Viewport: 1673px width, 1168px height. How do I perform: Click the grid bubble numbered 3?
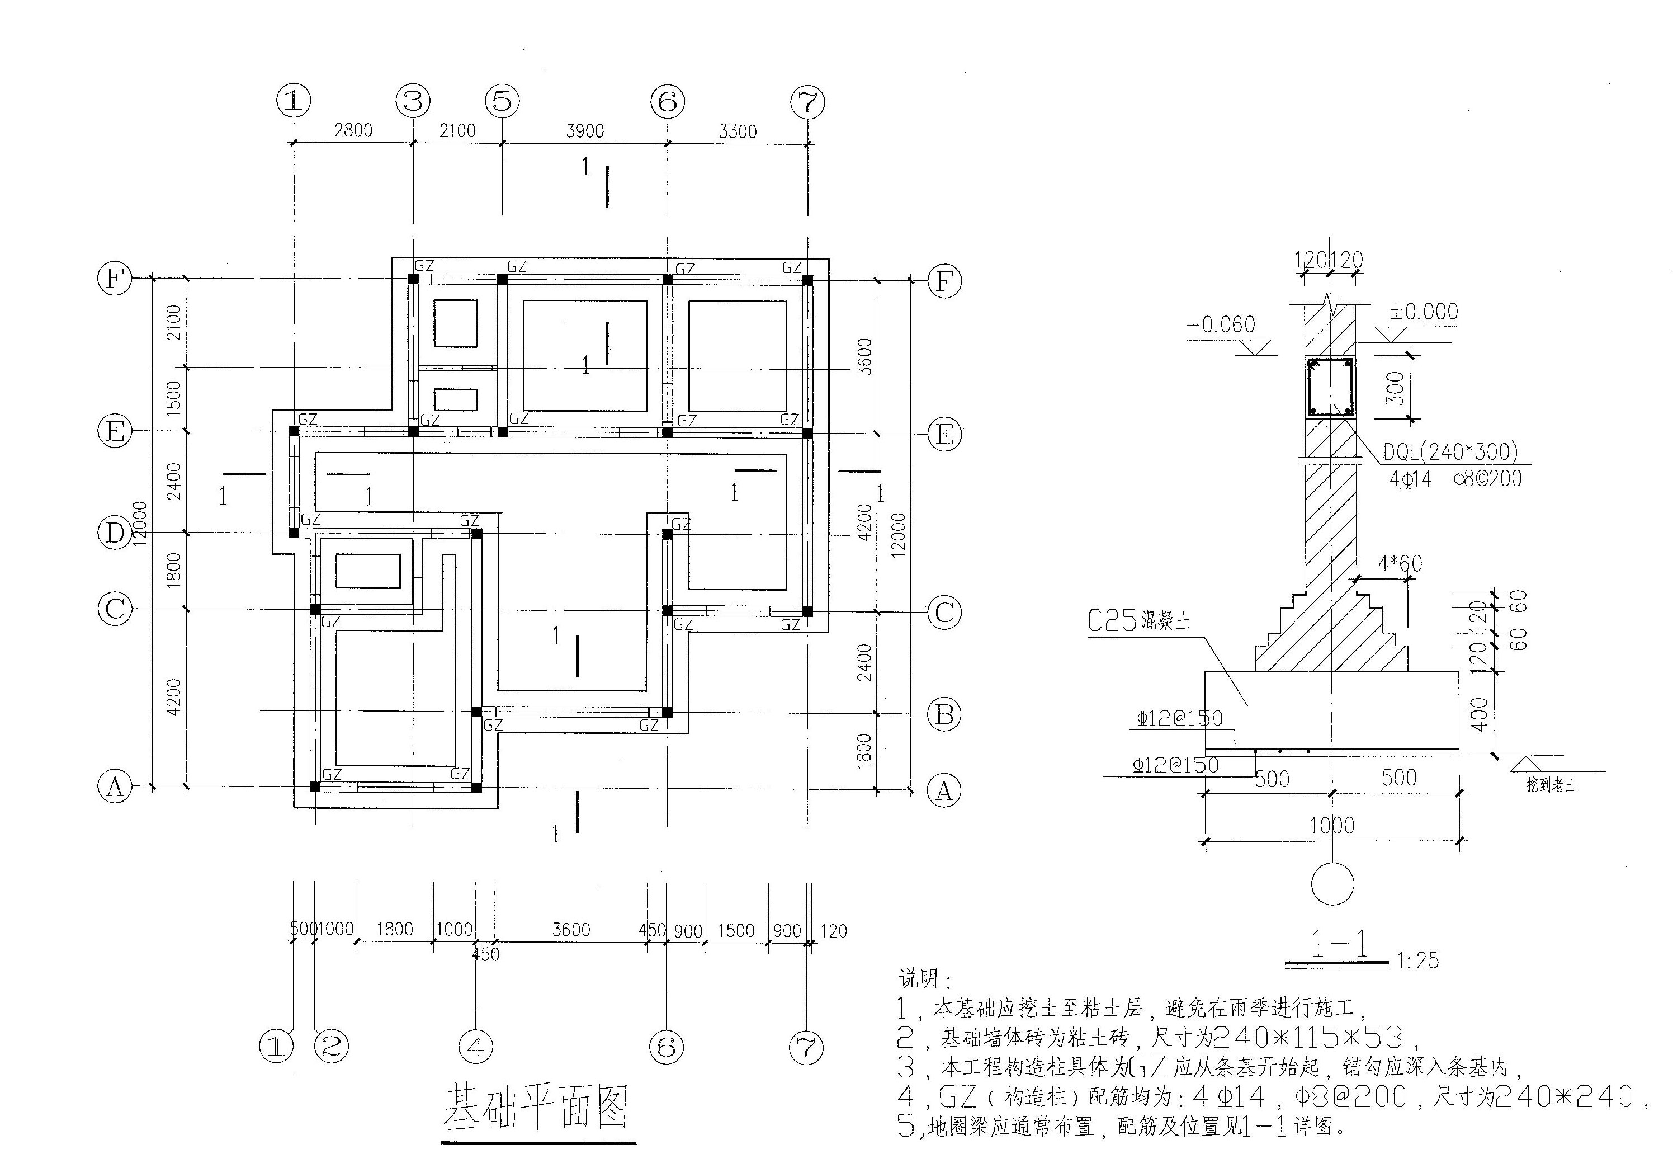pos(413,100)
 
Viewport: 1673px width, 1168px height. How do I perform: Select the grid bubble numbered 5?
pos(502,101)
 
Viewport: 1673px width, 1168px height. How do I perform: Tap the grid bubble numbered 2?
pos(331,1047)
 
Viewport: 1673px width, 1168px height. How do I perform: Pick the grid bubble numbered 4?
pos(476,1047)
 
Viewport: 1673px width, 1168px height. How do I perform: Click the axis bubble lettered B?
pos(944,714)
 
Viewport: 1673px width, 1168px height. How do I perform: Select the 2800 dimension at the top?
pos(353,130)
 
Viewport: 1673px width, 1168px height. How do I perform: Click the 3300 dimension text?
pos(738,131)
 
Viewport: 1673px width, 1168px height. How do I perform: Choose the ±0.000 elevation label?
pos(1423,312)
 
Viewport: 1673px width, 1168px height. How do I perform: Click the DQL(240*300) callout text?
pos(1450,453)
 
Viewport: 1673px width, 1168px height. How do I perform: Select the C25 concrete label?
pos(1138,621)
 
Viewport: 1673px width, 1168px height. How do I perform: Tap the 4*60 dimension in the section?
pos(1400,564)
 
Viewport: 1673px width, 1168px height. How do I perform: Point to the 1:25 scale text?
pos(1418,960)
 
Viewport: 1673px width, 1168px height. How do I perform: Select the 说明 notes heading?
pos(924,978)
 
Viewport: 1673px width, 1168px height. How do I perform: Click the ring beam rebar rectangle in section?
pos(1331,388)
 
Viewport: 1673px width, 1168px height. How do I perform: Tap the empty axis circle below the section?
pos(1332,884)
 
